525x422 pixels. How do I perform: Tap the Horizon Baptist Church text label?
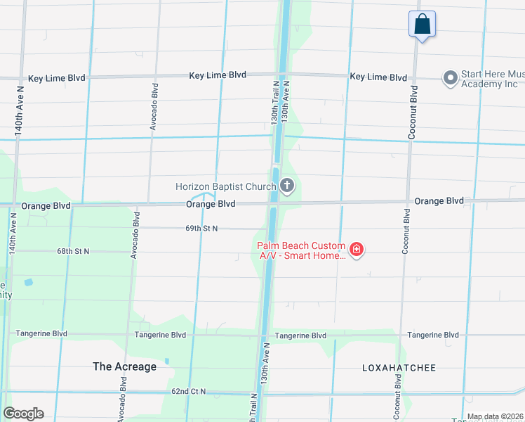(226, 186)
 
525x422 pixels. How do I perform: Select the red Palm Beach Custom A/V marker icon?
(357, 250)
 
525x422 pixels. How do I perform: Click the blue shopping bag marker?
(422, 24)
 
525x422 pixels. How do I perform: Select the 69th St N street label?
(201, 229)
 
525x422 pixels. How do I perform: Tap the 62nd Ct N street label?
(188, 391)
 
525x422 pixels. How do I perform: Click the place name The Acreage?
(124, 366)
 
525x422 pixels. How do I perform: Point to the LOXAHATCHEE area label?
(399, 368)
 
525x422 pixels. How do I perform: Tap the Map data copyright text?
(495, 417)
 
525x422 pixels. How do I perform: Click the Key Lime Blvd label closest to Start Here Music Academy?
(378, 77)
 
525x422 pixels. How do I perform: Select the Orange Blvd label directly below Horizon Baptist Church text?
(211, 204)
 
